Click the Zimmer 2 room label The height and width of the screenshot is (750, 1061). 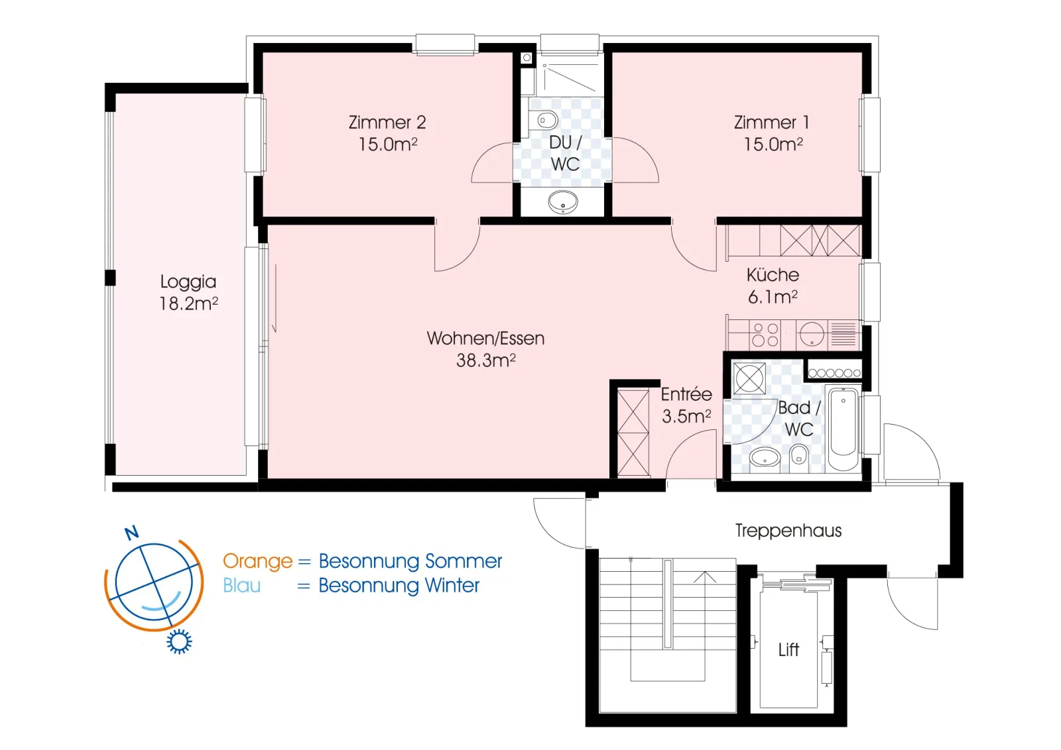[387, 123]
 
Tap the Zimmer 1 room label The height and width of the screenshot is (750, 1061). [772, 123]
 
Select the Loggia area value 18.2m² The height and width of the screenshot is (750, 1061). [188, 303]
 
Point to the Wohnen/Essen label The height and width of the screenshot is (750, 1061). [485, 339]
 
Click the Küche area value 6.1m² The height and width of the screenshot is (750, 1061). [773, 297]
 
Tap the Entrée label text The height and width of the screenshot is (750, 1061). [686, 394]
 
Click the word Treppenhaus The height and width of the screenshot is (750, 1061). [788, 531]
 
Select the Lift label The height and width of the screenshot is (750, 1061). [788, 650]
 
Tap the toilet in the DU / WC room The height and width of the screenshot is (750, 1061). [546, 120]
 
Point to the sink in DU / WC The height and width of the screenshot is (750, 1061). [563, 202]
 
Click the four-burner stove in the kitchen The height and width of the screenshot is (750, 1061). [765, 335]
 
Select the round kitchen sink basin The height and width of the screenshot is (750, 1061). [812, 334]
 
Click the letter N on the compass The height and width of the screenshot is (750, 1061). [132, 533]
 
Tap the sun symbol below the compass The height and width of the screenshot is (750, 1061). [179, 641]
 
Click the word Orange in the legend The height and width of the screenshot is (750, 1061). [258, 561]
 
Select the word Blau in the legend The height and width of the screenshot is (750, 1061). [241, 586]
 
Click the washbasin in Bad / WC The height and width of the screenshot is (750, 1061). [765, 458]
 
